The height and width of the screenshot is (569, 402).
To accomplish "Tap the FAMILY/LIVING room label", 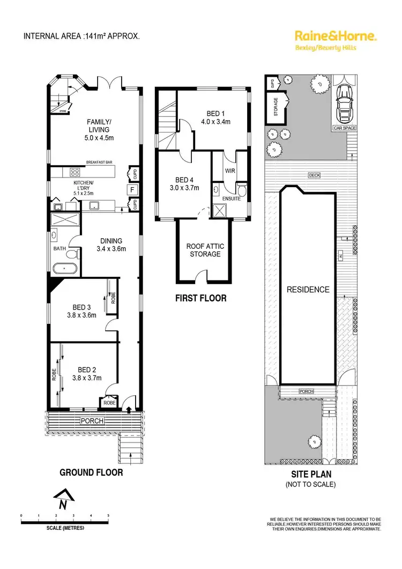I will (99, 125).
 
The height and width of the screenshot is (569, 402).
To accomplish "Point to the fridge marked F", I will (130, 189).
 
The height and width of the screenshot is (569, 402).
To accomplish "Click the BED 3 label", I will (83, 307).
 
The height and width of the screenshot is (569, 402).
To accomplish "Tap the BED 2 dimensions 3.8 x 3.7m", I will (86, 377).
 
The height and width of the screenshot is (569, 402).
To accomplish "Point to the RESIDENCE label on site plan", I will (308, 290).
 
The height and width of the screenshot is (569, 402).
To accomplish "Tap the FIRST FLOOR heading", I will (201, 298).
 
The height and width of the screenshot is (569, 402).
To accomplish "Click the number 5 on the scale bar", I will (108, 515).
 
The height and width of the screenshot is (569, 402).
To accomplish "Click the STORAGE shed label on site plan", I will (276, 107).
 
